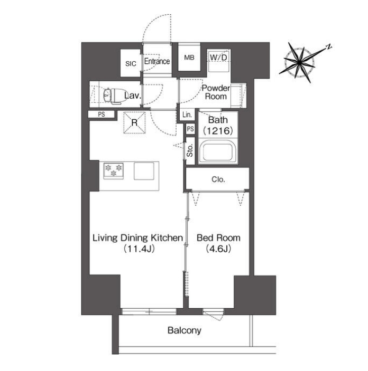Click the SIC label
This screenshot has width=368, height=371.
click(131, 64)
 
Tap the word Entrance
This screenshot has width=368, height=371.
click(157, 61)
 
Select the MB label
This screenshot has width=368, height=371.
click(189, 58)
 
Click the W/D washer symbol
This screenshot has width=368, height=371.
click(218, 61)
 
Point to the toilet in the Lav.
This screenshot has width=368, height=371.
click(112, 96)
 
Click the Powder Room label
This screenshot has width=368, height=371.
click(216, 92)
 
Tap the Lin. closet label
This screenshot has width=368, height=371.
click(187, 115)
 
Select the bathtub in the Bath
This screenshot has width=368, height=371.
click(218, 151)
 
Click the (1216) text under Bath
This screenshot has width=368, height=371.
click(218, 130)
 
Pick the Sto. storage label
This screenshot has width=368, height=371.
click(190, 151)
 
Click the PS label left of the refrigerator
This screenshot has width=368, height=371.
click(102, 115)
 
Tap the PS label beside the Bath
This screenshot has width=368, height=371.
click(190, 129)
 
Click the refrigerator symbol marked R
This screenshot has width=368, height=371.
click(134, 123)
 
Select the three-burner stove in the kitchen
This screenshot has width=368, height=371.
click(113, 171)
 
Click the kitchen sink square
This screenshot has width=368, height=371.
click(144, 171)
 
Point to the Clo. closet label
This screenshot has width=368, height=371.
click(218, 179)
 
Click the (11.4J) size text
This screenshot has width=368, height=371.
click(139, 249)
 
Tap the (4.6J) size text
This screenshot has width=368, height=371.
click(218, 249)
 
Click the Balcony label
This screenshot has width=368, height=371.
click(185, 330)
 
